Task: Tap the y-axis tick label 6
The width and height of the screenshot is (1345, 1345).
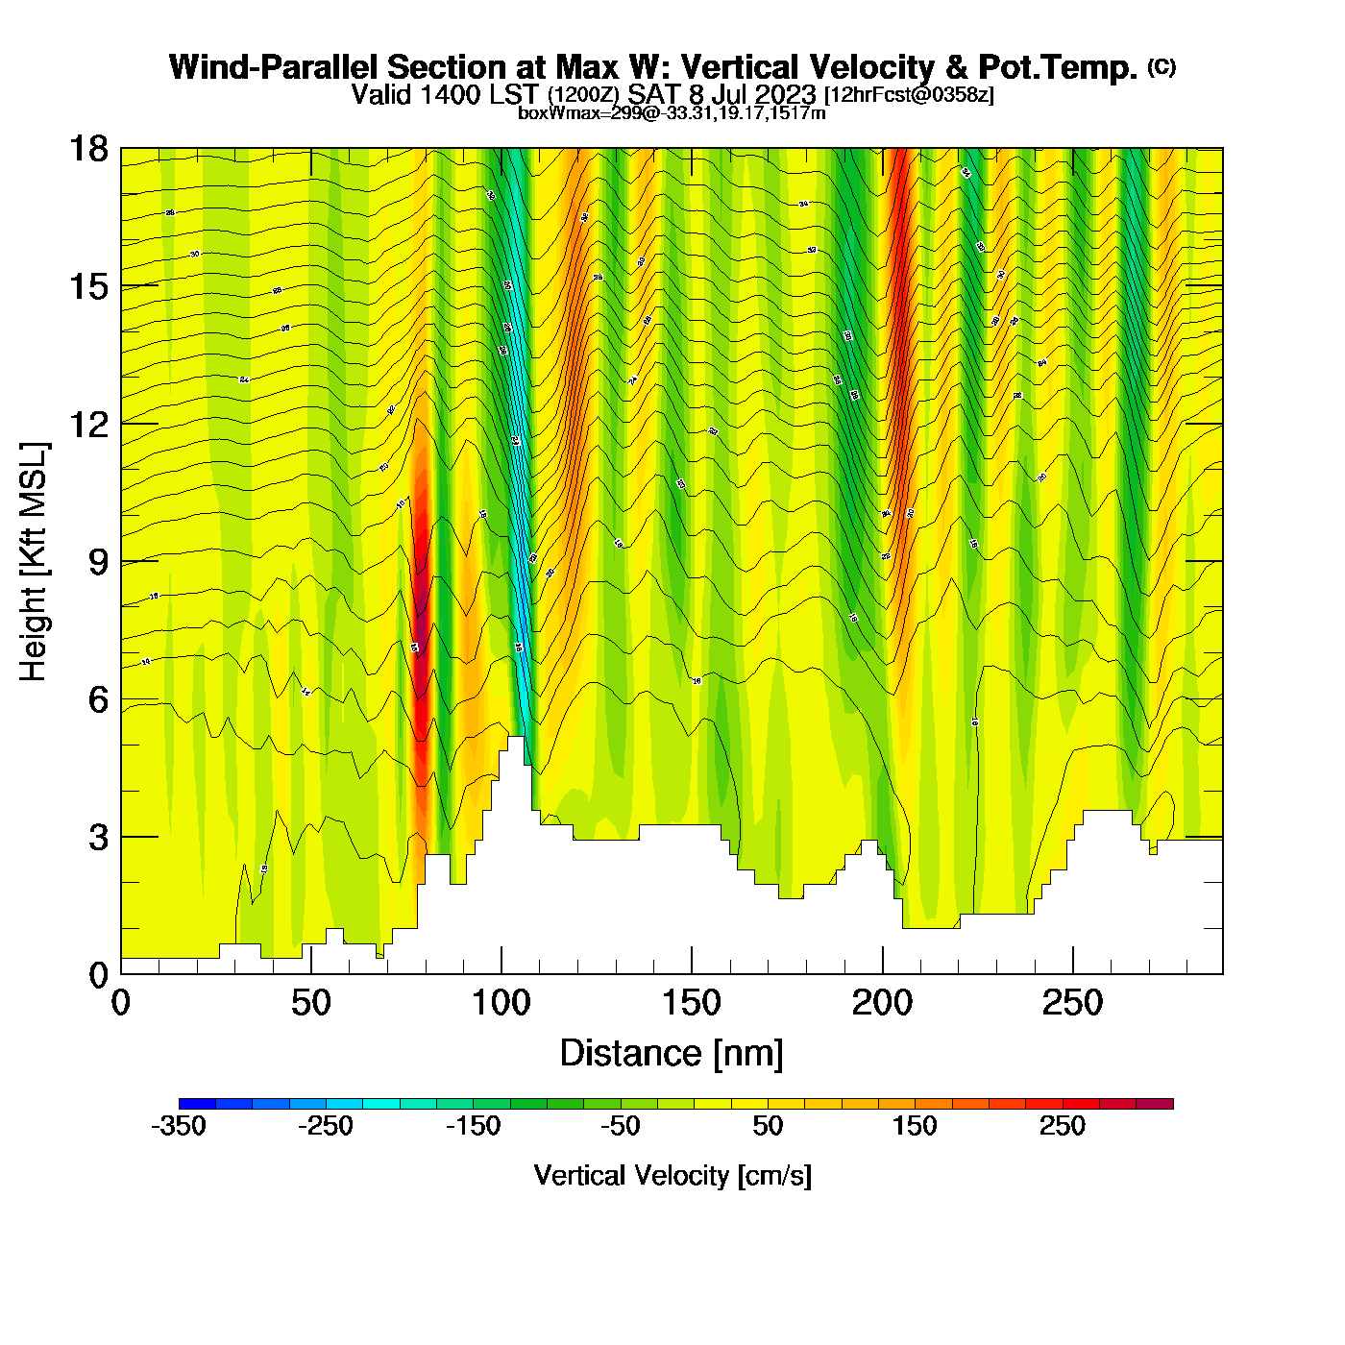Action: point(98,699)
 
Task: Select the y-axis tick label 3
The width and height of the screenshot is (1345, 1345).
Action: point(98,837)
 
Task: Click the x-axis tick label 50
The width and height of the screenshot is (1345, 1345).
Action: point(310,1003)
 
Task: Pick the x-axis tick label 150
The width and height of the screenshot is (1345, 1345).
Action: point(691,1003)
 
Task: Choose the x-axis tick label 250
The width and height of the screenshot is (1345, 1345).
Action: point(1072,1003)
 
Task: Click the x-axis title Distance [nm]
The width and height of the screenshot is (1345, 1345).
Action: point(672,1053)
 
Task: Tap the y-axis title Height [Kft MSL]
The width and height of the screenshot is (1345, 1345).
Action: point(35,562)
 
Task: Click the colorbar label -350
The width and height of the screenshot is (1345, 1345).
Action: point(179,1126)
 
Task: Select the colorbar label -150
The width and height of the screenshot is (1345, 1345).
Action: point(473,1126)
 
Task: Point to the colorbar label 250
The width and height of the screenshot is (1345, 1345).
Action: point(1062,1126)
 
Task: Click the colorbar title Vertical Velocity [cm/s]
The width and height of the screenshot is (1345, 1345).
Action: point(672,1175)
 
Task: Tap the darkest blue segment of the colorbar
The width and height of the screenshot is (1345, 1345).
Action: point(197,1103)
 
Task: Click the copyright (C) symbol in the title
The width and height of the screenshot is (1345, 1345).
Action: point(1161,66)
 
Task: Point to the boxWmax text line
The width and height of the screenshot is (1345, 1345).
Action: point(672,112)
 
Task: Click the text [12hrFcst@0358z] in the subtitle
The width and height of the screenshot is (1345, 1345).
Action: point(909,95)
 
